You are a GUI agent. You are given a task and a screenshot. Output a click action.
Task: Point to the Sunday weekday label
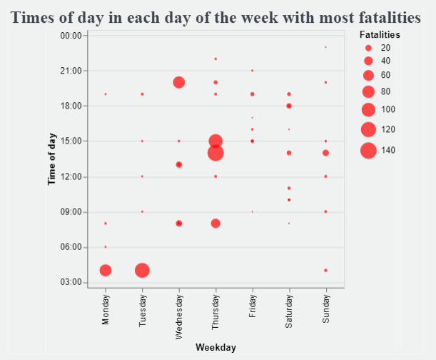(x=325, y=310)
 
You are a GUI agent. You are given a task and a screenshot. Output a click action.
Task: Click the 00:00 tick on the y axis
(x=73, y=35)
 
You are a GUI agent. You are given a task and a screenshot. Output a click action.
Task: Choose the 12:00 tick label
(x=73, y=176)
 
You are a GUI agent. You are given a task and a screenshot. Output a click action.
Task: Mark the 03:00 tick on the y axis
(x=73, y=282)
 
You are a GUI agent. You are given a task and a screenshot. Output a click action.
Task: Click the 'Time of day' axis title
(x=52, y=159)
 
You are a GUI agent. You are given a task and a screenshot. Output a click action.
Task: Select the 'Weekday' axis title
(x=216, y=347)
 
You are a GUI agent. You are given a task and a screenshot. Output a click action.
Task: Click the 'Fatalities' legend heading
(x=380, y=34)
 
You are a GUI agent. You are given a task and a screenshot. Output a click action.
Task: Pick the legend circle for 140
(x=368, y=150)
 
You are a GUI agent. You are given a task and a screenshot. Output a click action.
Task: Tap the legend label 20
(x=385, y=48)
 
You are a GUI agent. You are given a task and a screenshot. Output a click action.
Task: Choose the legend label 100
(x=387, y=109)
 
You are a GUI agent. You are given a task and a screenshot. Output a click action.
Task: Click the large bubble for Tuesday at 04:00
(x=142, y=270)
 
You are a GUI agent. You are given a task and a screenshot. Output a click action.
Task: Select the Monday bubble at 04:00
(x=106, y=270)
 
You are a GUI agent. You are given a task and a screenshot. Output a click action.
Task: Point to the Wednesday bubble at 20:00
(x=179, y=82)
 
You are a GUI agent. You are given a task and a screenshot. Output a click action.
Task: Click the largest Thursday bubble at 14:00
(x=216, y=153)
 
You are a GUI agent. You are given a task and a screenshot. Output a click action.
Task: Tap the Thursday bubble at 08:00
(x=216, y=224)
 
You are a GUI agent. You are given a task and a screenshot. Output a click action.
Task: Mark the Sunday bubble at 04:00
(x=325, y=270)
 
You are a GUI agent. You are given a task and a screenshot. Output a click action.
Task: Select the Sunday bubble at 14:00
(x=325, y=153)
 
